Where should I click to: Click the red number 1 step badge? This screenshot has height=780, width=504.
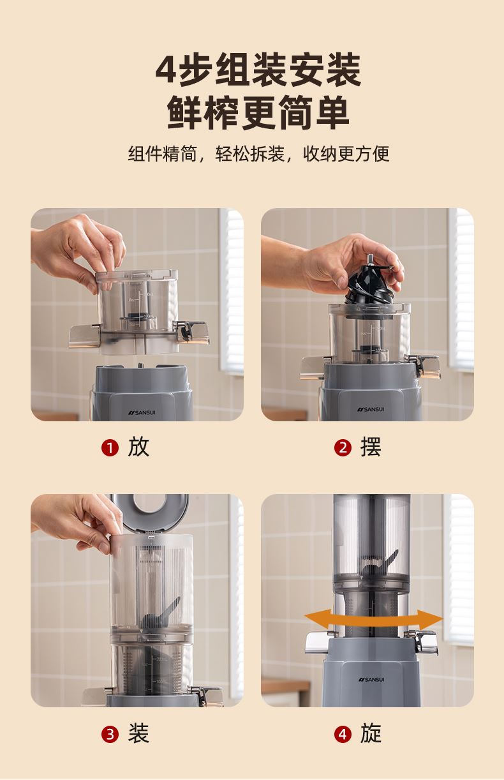tap(110, 448)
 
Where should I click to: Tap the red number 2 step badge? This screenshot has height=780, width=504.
tap(343, 448)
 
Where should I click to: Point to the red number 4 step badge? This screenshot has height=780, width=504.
tap(343, 735)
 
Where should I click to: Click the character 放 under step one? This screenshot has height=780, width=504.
tap(138, 447)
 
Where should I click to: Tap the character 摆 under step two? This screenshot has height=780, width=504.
tap(371, 447)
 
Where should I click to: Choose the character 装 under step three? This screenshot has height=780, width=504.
tap(138, 733)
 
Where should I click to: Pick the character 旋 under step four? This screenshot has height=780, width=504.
tap(371, 733)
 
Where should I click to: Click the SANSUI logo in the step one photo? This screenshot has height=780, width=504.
tap(142, 412)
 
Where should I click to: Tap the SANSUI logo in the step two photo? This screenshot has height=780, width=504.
tap(370, 409)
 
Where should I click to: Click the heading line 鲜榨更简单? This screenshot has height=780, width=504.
tap(258, 113)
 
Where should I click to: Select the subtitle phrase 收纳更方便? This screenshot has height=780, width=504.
tap(346, 154)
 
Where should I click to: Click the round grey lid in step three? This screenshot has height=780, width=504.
tap(151, 512)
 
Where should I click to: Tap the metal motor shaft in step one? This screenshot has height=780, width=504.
tap(140, 365)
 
